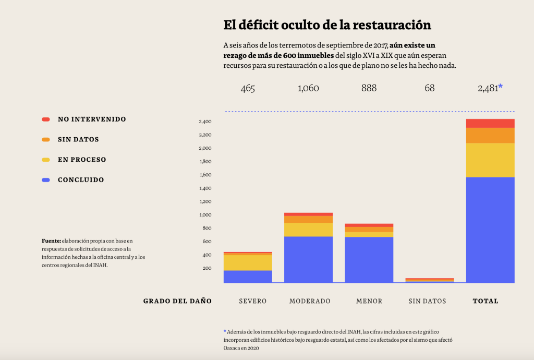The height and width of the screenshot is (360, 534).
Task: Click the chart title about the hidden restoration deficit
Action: pos(327,25)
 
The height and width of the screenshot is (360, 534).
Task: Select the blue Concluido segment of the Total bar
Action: pos(490,230)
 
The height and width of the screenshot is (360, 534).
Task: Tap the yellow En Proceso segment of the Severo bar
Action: pos(248,262)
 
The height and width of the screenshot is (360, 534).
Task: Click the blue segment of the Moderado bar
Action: pos(308,259)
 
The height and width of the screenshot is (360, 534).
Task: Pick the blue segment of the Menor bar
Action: pos(369,260)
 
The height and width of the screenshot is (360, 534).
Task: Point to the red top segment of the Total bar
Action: pos(490,123)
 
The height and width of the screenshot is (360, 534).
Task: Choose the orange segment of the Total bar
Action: pos(490,135)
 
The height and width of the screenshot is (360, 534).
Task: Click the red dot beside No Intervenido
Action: pos(46,119)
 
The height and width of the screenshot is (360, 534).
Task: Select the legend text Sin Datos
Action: pos(78,139)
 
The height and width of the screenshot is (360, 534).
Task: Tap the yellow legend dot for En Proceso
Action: pos(46,160)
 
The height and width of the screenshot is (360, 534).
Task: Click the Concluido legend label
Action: pos(81,180)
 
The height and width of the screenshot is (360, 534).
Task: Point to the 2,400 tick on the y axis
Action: pos(205,122)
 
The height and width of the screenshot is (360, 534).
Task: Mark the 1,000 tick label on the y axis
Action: pos(205,215)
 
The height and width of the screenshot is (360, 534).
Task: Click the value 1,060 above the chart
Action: pos(308,88)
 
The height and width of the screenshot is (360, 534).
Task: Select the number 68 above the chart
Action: pos(429,88)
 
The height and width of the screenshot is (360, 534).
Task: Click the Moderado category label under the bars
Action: pos(310,301)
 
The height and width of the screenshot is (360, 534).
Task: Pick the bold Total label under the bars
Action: pos(486,301)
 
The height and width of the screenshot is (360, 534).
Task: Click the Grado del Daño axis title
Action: pos(177,301)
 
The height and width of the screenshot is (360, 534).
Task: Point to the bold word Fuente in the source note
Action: pos(51,241)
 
